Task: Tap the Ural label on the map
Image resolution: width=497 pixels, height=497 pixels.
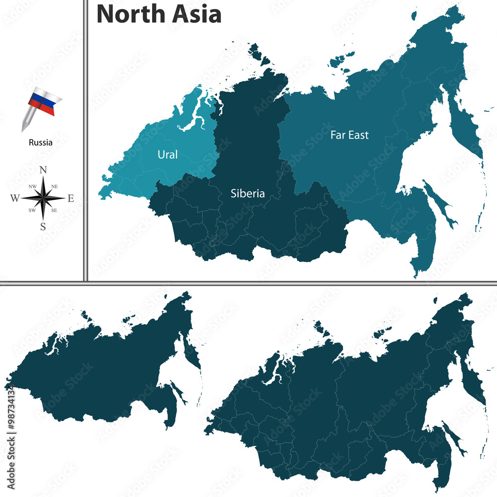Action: point(167,155)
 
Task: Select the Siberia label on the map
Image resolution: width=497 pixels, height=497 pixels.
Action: point(248,193)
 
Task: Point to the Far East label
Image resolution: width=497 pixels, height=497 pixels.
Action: point(350,135)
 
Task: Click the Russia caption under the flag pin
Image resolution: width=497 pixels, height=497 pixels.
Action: point(40,143)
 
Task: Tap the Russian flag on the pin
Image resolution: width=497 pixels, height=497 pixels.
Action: point(44,102)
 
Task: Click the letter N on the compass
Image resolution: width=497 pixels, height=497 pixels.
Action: point(43,170)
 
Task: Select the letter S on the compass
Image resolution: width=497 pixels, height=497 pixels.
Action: point(43,227)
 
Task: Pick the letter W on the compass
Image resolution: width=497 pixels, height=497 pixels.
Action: point(14,199)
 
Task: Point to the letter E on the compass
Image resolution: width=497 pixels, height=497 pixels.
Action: point(71,199)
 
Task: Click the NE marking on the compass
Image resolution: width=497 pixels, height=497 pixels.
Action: point(55,186)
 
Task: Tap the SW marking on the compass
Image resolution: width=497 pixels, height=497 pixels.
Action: point(32,211)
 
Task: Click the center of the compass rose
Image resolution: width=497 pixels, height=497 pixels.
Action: point(43,198)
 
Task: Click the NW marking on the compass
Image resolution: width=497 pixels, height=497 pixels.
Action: point(32,186)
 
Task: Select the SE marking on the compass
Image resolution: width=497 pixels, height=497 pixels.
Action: point(55,211)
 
